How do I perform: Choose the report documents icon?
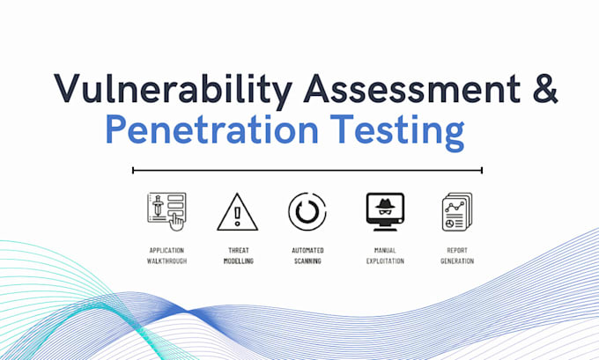click(x=457, y=212)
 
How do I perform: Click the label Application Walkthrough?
click(x=167, y=255)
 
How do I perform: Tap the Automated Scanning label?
click(x=307, y=255)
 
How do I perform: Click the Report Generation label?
click(x=457, y=255)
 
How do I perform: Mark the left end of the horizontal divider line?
click(x=133, y=170)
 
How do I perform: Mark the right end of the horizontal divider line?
click(x=482, y=170)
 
